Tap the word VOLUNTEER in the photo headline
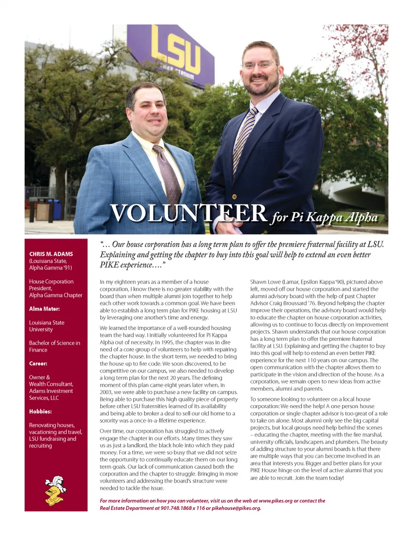[188, 213]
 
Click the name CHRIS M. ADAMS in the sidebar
[51, 254]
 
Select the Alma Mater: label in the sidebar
[44, 309]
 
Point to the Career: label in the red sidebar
[38, 363]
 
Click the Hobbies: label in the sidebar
[40, 411]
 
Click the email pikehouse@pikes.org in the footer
[236, 508]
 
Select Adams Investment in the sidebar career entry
[51, 391]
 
